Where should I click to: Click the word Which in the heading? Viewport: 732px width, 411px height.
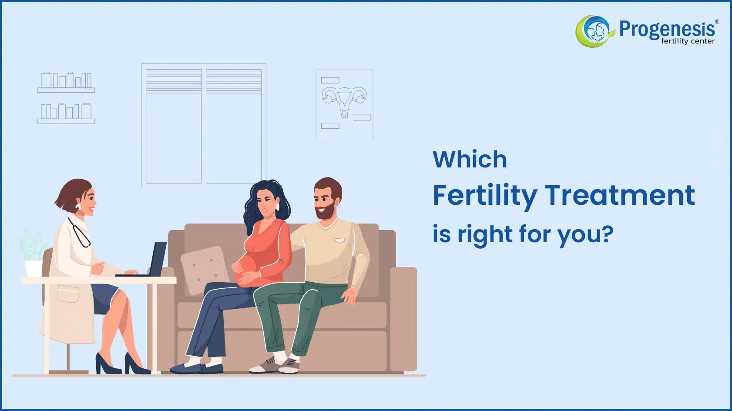tap(470, 159)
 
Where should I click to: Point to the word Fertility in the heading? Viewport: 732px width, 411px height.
tap(485, 197)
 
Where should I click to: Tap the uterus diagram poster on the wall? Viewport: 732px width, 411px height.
tap(344, 104)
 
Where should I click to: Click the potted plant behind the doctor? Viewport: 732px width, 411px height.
tap(33, 252)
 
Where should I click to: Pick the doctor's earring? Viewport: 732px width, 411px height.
tap(78, 206)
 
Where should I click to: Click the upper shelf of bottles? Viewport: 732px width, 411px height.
tap(66, 82)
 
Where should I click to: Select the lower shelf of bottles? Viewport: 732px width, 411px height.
tap(66, 113)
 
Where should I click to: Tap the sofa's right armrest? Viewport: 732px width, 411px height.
tap(403, 318)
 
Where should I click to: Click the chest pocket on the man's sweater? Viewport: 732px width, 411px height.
tap(339, 241)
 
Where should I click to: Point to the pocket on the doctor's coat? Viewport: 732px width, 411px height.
tap(68, 294)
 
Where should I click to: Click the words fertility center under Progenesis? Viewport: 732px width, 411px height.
tap(688, 41)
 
